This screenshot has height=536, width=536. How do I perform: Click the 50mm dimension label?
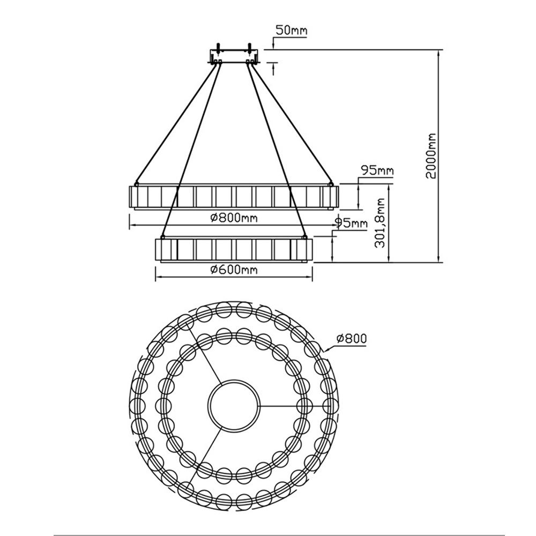point(291,30)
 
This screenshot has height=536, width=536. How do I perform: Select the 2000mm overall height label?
point(431,156)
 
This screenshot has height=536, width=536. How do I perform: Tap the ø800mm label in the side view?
point(234,218)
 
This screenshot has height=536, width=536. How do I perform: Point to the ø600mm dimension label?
point(234,270)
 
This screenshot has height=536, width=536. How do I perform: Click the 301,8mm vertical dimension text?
point(380,223)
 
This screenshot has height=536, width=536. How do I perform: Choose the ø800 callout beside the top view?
point(352,338)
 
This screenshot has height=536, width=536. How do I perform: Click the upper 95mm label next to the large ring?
point(377,170)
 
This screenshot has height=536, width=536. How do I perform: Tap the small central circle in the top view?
point(234,404)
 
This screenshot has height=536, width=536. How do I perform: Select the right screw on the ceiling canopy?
point(250,47)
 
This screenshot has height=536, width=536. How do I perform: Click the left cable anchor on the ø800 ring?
point(136,184)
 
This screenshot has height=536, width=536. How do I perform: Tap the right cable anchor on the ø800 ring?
point(331,184)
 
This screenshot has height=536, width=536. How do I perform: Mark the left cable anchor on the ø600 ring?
point(163,236)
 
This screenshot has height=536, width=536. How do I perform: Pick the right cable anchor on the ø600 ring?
point(304,236)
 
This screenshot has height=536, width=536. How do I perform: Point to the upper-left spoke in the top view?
point(203,354)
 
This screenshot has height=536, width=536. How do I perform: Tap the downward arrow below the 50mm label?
point(273,44)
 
